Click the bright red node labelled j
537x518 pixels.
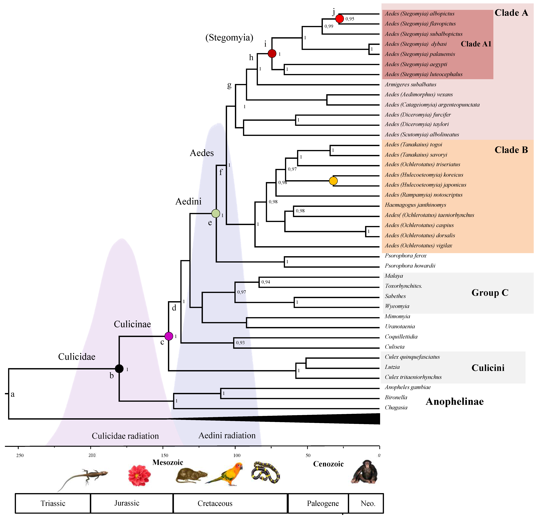tap(340, 19)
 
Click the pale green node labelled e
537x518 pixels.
tap(216, 213)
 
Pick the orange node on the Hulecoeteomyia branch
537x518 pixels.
tap(333, 181)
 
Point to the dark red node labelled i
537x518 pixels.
tap(272, 53)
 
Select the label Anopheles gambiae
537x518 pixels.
tap(408, 387)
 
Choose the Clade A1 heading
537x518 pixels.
tap(476, 44)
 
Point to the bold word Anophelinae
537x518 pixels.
tap(455, 401)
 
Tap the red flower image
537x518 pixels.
tap(139, 475)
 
